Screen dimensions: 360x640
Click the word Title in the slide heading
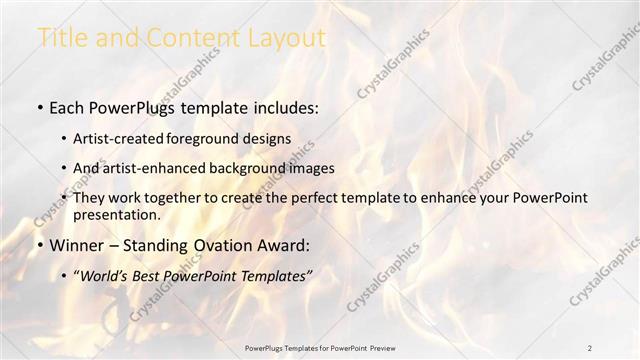pos(61,39)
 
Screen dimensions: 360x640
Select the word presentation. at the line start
pos(117,215)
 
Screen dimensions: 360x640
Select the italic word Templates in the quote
pos(274,275)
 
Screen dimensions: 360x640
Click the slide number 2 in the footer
pos(590,347)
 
